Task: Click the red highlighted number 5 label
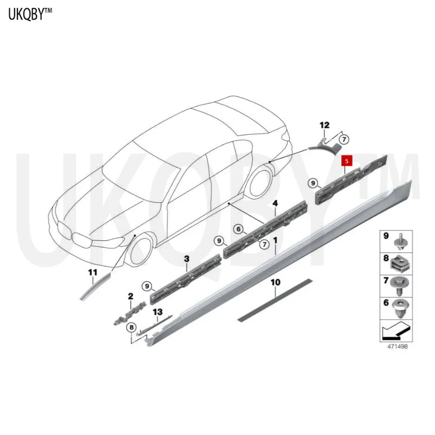click(346, 161)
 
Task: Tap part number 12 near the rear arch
click(324, 126)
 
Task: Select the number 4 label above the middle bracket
click(275, 204)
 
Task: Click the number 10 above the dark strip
click(275, 282)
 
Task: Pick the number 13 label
click(158, 312)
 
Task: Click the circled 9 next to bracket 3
click(147, 285)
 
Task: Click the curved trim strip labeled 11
click(94, 286)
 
